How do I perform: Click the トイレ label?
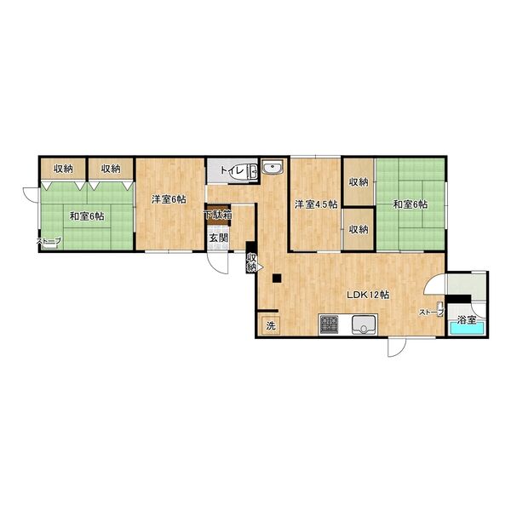[x=233, y=170]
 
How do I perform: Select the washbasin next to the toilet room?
[x=273, y=168]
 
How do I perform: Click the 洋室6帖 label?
[x=169, y=199]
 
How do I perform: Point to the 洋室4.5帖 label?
[x=316, y=204]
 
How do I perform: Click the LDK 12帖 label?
[x=368, y=296]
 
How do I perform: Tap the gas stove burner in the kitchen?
[x=329, y=324]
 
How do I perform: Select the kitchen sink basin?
[x=365, y=325]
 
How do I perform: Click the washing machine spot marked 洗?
[x=271, y=326]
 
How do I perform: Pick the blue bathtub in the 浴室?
[x=466, y=329]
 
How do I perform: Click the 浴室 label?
[x=467, y=319]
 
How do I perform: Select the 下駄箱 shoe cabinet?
[x=218, y=215]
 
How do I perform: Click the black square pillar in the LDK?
[x=277, y=278]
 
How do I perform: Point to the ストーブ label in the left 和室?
[x=49, y=241]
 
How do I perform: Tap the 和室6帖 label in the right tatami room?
[x=411, y=204]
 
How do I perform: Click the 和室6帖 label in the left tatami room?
[x=87, y=215]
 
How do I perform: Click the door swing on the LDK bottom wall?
[x=396, y=347]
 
